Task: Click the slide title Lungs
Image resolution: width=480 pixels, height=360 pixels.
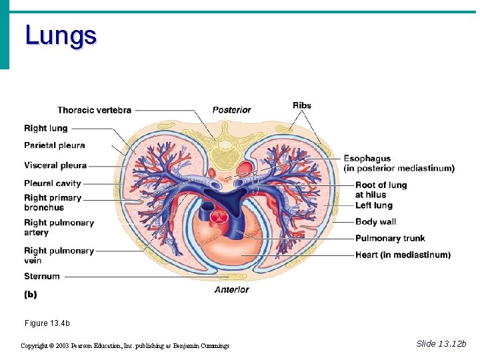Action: (61, 35)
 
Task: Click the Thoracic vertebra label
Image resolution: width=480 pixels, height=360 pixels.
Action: (94, 110)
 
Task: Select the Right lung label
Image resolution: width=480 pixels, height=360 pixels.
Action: (45, 128)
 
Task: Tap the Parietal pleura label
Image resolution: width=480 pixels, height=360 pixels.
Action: (55, 145)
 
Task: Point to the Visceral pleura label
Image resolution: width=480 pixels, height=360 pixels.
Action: (55, 165)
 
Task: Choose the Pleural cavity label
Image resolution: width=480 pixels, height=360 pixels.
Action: (53, 183)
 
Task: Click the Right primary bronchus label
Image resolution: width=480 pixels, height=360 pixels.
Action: (53, 203)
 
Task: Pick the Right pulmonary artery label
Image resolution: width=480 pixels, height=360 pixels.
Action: (59, 227)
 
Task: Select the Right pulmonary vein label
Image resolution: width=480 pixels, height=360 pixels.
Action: (59, 255)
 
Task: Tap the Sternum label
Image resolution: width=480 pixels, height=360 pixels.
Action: (42, 276)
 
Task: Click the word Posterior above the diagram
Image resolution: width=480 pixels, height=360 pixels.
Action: (231, 110)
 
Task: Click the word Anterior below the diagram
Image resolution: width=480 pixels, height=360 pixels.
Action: (231, 289)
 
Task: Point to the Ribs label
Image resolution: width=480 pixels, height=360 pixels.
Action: (302, 105)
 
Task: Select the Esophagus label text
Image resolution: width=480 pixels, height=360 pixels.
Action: (367, 159)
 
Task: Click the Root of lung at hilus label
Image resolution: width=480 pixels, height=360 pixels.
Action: (381, 189)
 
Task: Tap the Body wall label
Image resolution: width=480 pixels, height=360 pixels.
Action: (375, 221)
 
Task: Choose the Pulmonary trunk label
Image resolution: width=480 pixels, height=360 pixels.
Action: (390, 238)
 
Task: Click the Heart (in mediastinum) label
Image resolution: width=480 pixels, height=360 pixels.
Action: (403, 255)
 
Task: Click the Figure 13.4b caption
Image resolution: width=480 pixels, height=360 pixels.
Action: (47, 323)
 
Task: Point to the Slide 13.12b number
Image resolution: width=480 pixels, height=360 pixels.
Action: (441, 343)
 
